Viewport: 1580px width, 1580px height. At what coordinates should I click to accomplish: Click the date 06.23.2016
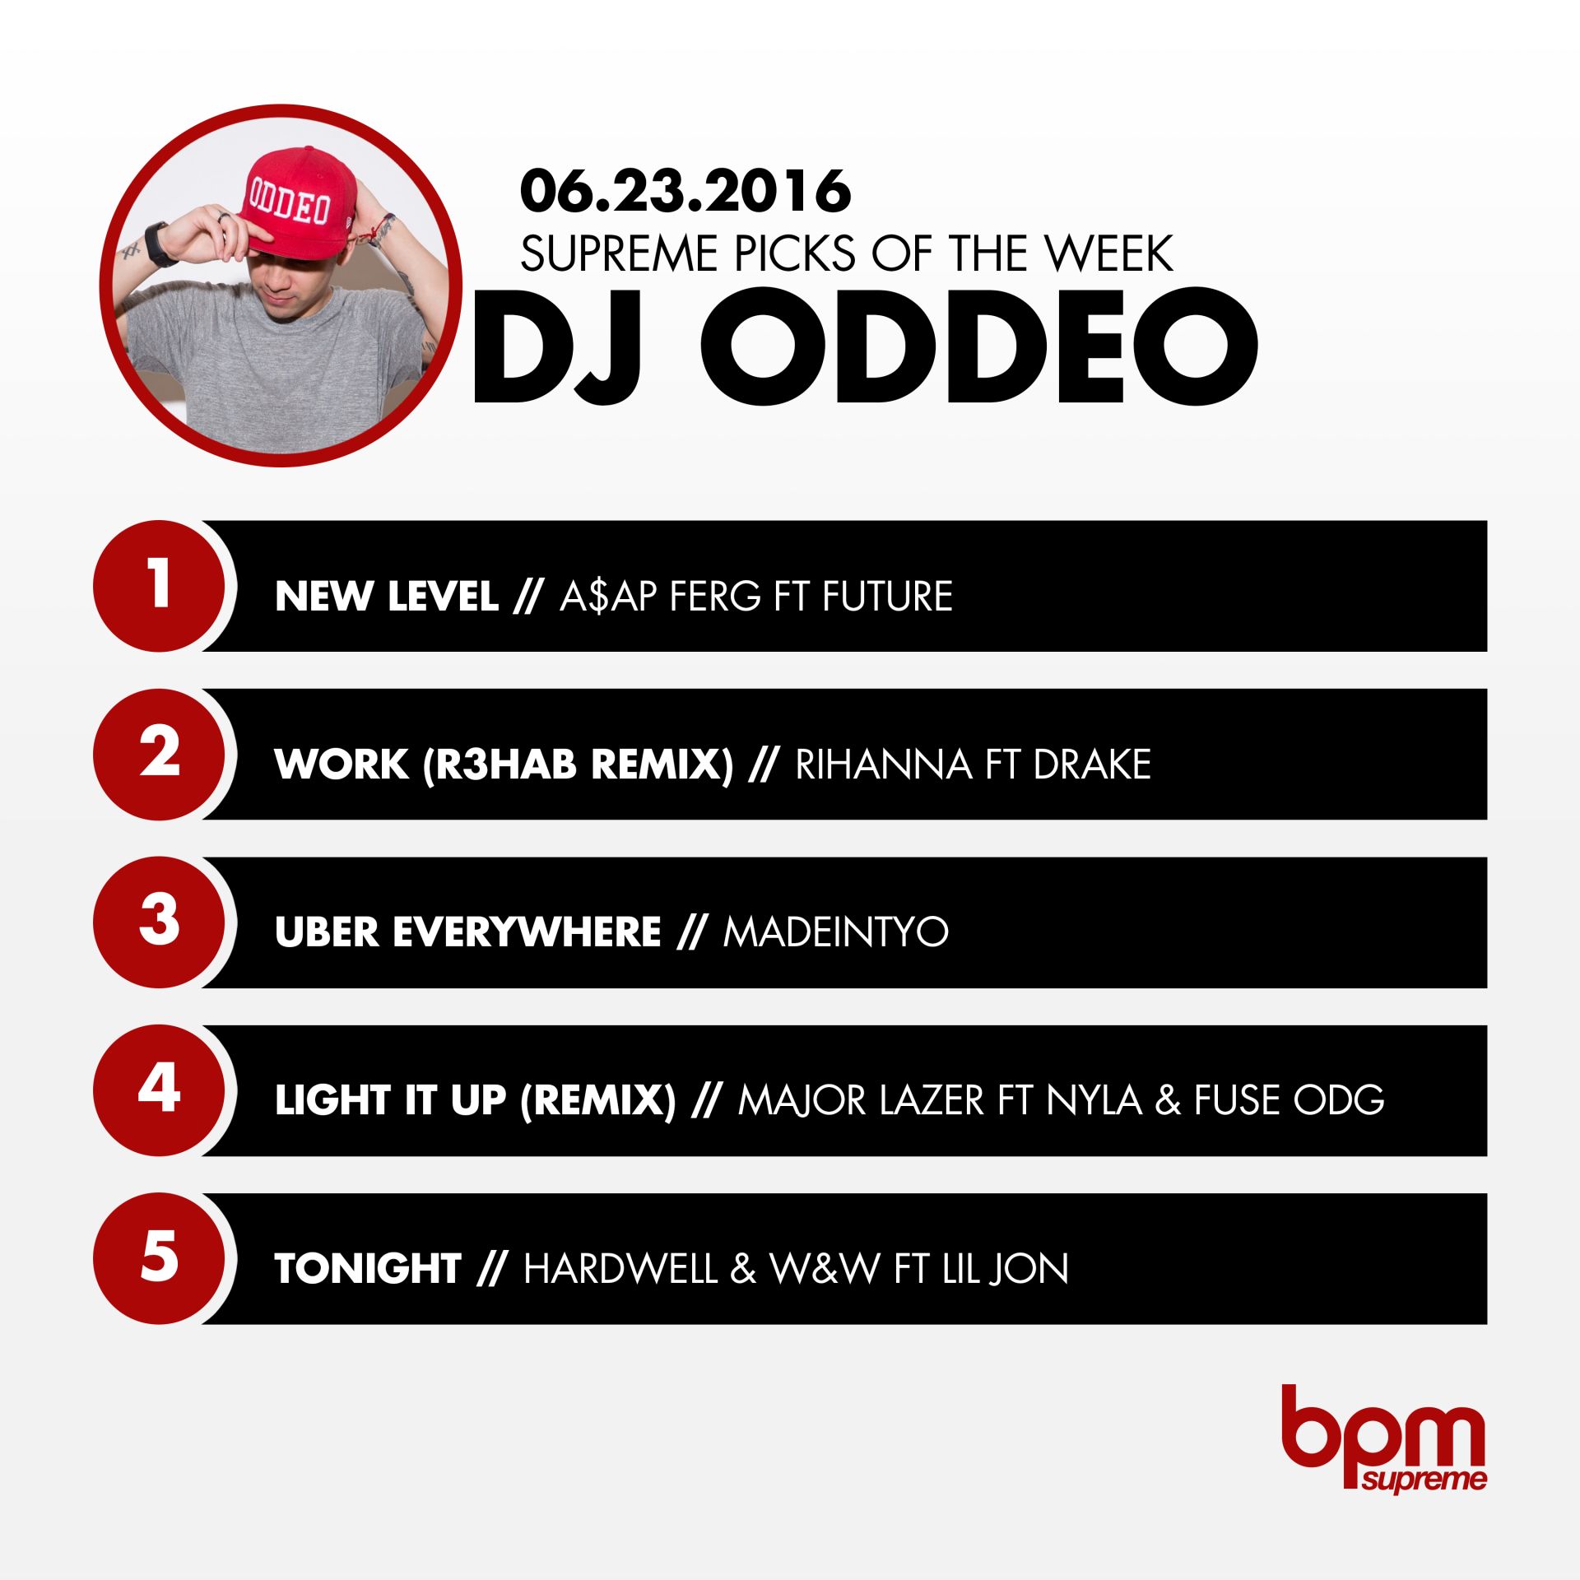[685, 191]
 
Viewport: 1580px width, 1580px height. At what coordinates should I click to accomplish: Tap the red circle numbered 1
[159, 586]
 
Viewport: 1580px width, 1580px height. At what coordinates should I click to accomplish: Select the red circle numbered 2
[159, 754]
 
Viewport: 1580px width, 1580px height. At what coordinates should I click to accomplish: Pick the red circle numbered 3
[159, 922]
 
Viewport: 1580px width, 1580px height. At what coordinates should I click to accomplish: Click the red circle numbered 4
[159, 1090]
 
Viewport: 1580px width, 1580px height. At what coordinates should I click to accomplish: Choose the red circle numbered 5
[159, 1258]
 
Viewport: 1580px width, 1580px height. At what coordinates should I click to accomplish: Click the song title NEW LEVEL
[387, 596]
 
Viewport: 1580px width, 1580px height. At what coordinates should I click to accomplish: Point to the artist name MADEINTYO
[836, 932]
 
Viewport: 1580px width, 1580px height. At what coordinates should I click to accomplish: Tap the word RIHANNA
[884, 764]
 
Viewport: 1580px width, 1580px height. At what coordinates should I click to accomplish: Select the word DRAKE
[1093, 764]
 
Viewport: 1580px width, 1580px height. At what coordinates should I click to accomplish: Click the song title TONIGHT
[368, 1268]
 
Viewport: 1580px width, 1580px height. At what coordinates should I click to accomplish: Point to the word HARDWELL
[621, 1268]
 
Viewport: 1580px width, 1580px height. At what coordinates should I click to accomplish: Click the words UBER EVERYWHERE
[468, 932]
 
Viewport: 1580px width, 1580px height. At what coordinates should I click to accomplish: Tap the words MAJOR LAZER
[862, 1100]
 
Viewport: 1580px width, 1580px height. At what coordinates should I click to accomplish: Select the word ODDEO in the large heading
[979, 346]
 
